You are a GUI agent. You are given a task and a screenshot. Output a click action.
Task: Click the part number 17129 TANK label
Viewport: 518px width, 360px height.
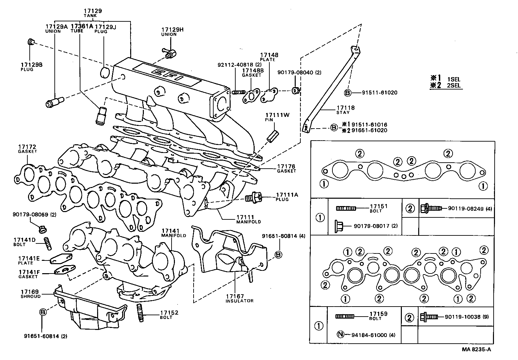point(92,13)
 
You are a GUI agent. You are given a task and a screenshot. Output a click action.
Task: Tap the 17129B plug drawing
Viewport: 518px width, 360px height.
point(31,42)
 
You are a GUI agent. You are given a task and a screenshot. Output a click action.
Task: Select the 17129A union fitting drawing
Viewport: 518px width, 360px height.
point(54,102)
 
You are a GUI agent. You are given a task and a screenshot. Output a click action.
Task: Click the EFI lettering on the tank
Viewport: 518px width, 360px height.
point(167,75)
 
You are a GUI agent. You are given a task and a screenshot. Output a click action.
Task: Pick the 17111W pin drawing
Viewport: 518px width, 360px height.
point(272,137)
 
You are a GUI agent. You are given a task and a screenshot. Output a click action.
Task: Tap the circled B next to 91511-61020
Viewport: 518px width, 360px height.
point(347,93)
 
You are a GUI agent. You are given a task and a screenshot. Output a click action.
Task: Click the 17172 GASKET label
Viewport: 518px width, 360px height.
point(27,149)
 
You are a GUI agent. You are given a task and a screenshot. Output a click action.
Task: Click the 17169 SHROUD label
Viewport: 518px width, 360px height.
point(30,294)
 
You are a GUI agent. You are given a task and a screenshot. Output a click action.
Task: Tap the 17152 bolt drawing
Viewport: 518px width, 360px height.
point(140,313)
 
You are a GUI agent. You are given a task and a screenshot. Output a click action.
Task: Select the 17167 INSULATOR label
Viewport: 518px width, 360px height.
point(239,298)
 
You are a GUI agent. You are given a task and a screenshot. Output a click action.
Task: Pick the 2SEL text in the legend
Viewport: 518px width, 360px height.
point(454,85)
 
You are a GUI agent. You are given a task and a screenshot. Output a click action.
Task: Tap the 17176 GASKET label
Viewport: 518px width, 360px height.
point(286,168)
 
